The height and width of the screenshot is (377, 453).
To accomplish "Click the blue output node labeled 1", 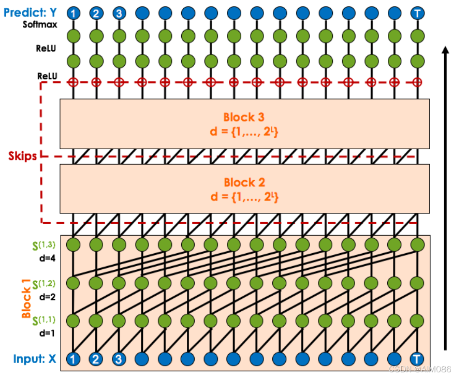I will click(x=73, y=13).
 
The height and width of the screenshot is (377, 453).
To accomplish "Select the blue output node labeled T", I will click(x=417, y=13).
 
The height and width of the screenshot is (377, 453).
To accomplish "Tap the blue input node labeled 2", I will click(x=96, y=358).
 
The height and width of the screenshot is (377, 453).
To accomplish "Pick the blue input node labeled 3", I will click(x=119, y=358).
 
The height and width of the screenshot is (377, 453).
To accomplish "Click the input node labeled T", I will click(x=417, y=358).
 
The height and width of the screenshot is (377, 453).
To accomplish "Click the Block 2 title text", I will click(x=245, y=182).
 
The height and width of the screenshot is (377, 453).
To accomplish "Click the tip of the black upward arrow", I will click(x=444, y=47).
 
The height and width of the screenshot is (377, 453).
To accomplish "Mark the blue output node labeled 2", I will click(x=96, y=13).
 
